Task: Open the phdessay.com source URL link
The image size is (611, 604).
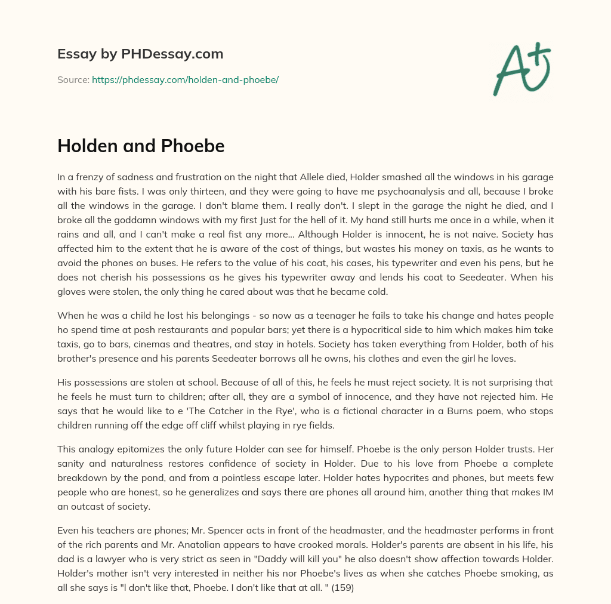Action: pos(185,79)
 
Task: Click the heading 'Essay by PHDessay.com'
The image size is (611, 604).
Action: pos(140,54)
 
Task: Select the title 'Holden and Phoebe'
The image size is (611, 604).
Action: pos(141,146)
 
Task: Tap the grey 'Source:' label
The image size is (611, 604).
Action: pos(73,79)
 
